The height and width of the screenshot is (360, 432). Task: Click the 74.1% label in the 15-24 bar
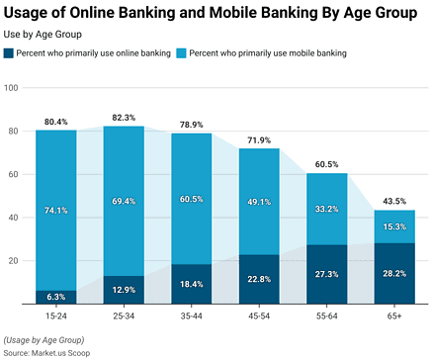pyautogui.click(x=55, y=211)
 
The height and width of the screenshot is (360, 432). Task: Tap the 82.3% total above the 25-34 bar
pyautogui.click(x=124, y=118)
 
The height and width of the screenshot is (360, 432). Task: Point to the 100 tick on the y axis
pyautogui.click(x=13, y=88)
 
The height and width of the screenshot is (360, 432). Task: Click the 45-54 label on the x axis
pyautogui.click(x=259, y=314)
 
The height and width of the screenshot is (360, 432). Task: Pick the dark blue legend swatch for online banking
pyautogui.click(x=10, y=52)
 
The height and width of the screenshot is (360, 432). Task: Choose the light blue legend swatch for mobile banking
pyautogui.click(x=181, y=52)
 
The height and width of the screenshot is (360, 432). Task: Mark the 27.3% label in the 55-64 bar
pyautogui.click(x=326, y=274)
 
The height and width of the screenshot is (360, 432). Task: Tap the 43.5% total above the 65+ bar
pyautogui.click(x=394, y=202)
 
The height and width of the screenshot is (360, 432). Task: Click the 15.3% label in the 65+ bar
pyautogui.click(x=394, y=226)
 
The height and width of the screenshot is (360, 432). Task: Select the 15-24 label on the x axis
pyautogui.click(x=55, y=314)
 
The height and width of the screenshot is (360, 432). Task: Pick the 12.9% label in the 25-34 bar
pyautogui.click(x=124, y=289)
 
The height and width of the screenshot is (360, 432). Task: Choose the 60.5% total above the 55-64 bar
pyautogui.click(x=326, y=165)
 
